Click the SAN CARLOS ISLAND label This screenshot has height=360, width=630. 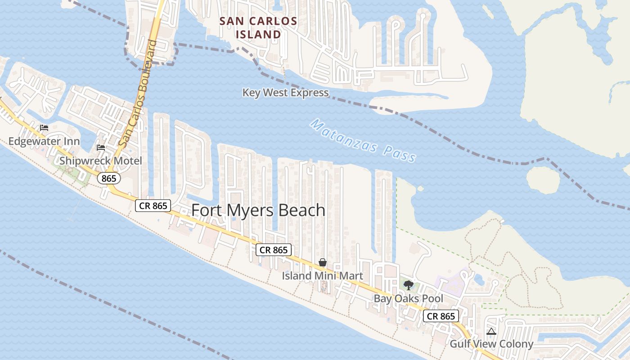(258, 27)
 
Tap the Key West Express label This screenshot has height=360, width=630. (285, 93)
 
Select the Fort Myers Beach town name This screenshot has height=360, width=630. (258, 210)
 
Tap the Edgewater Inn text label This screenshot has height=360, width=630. (44, 141)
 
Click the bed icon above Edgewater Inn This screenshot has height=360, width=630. (44, 128)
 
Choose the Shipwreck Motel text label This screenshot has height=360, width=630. (100, 161)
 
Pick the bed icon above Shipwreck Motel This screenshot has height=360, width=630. (101, 147)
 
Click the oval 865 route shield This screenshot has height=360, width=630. (109, 179)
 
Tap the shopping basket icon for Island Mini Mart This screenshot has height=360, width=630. (323, 262)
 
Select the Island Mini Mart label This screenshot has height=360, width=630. (322, 275)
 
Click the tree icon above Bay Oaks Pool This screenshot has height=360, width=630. (409, 285)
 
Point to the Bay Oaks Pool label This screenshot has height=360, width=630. (409, 298)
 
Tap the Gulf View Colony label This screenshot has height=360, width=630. (491, 344)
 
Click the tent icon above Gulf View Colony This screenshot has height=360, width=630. (491, 332)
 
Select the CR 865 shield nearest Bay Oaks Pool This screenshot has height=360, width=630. (441, 316)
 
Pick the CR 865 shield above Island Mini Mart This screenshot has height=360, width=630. (274, 250)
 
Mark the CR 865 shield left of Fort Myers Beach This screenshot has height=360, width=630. (153, 206)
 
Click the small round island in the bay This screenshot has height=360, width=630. (543, 180)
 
